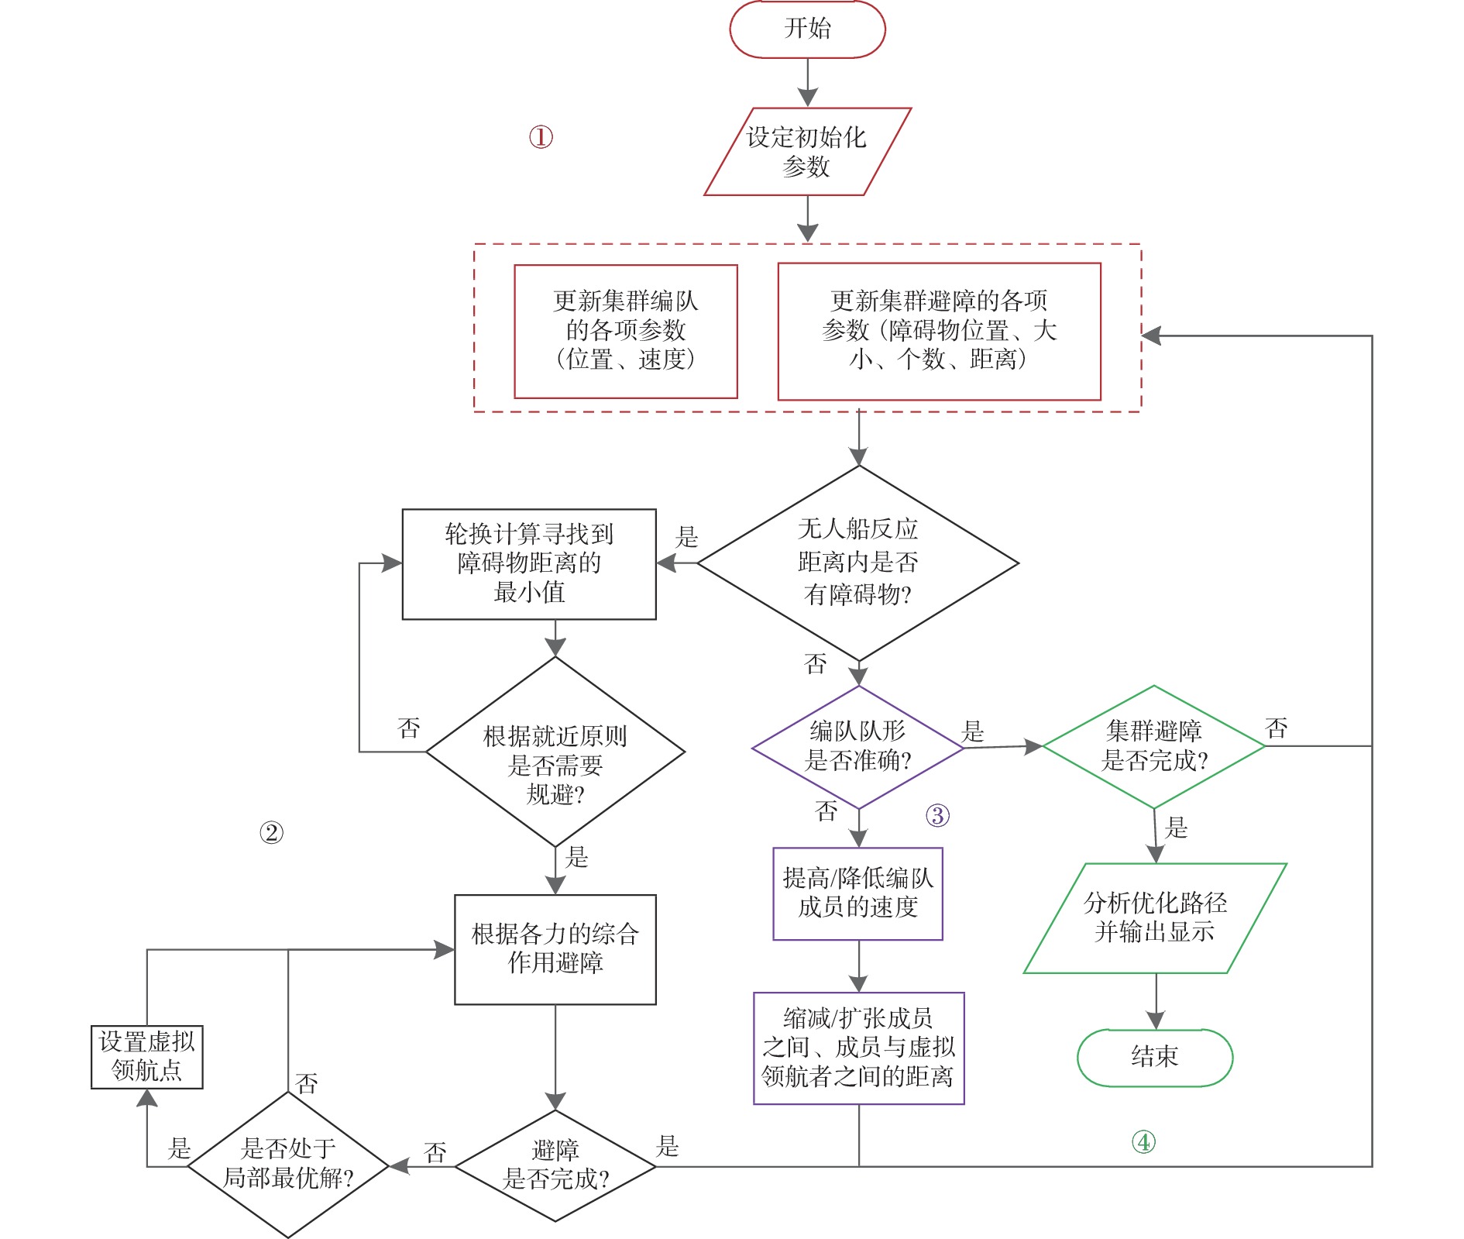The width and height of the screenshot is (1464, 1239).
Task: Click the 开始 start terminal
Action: pyautogui.click(x=807, y=29)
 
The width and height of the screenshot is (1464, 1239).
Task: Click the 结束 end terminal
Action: pyautogui.click(x=1154, y=1057)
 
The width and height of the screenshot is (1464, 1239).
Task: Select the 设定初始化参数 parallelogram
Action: pyautogui.click(x=807, y=152)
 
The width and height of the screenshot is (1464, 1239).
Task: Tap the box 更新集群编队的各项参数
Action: pyautogui.click(x=626, y=332)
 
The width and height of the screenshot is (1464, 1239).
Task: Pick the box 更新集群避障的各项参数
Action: pyautogui.click(x=939, y=332)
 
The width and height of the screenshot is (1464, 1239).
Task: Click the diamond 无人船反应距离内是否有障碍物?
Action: pyautogui.click(x=858, y=563)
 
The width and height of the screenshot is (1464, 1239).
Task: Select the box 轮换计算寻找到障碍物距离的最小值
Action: pyautogui.click(x=529, y=564)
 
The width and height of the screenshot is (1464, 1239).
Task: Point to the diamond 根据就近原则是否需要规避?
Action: pyautogui.click(x=555, y=752)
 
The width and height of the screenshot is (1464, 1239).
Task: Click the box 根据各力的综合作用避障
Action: pyautogui.click(x=555, y=949)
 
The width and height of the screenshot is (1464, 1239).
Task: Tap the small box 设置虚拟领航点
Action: pyautogui.click(x=147, y=1057)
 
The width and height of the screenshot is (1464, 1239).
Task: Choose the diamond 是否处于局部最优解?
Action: pyautogui.click(x=288, y=1165)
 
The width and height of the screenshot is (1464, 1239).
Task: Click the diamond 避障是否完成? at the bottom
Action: pyautogui.click(x=555, y=1165)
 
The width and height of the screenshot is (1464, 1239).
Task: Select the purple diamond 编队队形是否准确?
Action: pyautogui.click(x=858, y=747)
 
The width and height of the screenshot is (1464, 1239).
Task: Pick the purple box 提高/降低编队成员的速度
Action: pyautogui.click(x=858, y=893)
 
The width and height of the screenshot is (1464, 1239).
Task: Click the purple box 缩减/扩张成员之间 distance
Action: pyautogui.click(x=858, y=1048)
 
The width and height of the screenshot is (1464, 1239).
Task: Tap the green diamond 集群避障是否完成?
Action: pyautogui.click(x=1154, y=746)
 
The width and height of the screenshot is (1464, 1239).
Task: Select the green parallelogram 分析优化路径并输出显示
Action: pyautogui.click(x=1155, y=918)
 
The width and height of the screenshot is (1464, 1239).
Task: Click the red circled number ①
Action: pyautogui.click(x=541, y=138)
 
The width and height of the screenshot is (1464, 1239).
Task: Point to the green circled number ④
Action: pyautogui.click(x=1143, y=1141)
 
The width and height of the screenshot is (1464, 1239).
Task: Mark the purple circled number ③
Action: pyautogui.click(x=937, y=815)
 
